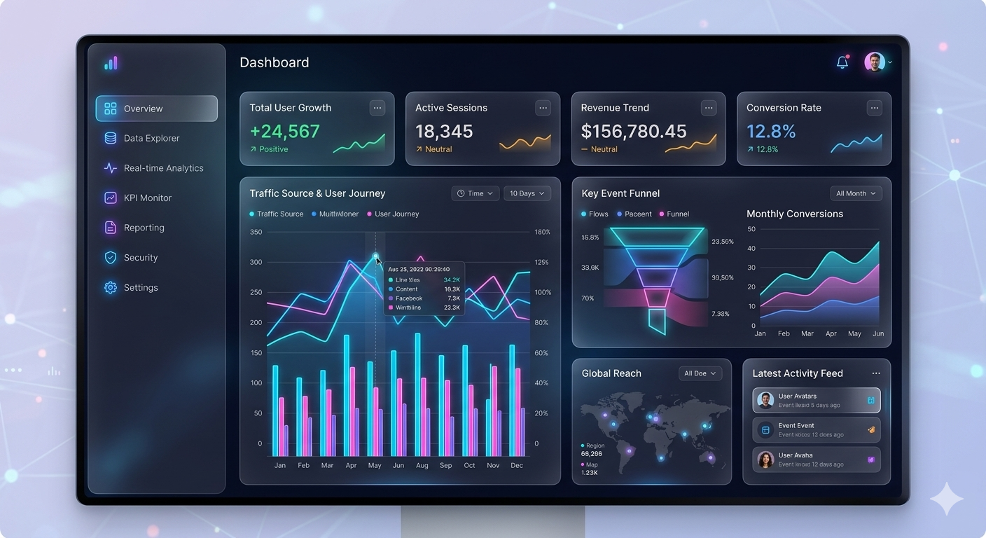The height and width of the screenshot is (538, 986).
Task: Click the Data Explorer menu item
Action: pos(151,139)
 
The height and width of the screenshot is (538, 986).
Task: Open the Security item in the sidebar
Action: pos(140,258)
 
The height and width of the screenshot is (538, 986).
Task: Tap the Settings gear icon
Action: pos(111,288)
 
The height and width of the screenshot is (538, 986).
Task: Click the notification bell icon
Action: pos(842,62)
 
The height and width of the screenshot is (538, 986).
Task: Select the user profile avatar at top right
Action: pos(874,62)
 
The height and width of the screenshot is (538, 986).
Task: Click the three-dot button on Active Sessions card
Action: pos(543,108)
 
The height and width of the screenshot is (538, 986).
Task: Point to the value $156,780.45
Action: pos(634,132)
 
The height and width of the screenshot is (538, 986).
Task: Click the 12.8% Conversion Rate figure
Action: pos(771,132)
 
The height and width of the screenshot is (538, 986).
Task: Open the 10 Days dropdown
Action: pos(527,193)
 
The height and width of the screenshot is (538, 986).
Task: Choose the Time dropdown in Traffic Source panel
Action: pos(475,193)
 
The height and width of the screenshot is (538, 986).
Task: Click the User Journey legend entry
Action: pos(396,214)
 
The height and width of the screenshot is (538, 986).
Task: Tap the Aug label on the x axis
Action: pos(422,465)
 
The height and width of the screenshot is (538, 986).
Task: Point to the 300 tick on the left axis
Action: pos(256,263)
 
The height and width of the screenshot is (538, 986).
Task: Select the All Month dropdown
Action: pos(855,193)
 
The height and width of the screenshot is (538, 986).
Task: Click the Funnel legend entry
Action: pos(677,214)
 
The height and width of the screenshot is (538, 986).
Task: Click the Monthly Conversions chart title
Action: pos(795,214)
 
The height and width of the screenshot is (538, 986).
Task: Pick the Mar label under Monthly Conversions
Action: pos(807,334)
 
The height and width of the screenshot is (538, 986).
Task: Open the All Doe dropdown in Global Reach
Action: pos(700,373)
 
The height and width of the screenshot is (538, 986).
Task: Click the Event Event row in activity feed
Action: pos(816,429)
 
